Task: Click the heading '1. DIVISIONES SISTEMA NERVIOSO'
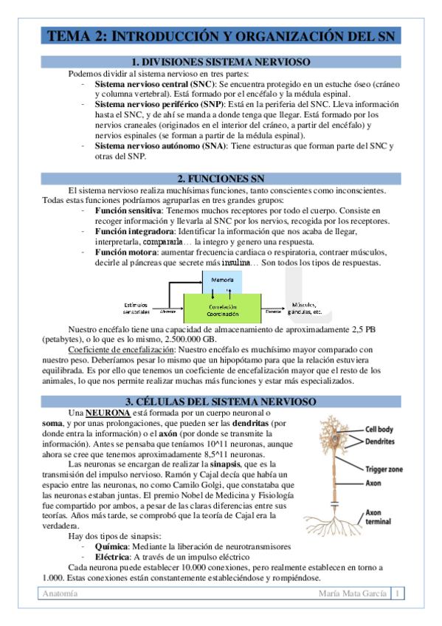220,62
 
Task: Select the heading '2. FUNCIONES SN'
220,179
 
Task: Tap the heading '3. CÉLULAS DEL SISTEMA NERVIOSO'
220,401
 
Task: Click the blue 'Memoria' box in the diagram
222,281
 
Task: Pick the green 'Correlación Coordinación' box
222,310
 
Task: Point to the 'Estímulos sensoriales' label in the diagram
135,309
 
